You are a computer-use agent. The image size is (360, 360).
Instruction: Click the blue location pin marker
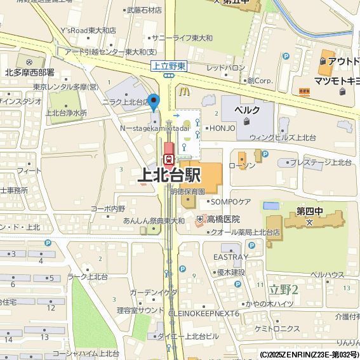(153, 101)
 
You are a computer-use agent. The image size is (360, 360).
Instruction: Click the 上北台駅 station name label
(170, 175)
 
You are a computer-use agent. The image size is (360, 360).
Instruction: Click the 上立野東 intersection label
(168, 66)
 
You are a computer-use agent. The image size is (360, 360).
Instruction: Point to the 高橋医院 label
(222, 219)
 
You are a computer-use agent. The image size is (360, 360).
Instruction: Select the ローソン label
(242, 166)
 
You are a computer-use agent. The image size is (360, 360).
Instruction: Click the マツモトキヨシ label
(337, 81)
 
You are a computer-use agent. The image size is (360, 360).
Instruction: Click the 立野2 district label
(283, 289)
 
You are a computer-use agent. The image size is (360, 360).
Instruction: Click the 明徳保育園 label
(188, 191)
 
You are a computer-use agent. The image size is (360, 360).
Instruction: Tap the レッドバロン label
(225, 67)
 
